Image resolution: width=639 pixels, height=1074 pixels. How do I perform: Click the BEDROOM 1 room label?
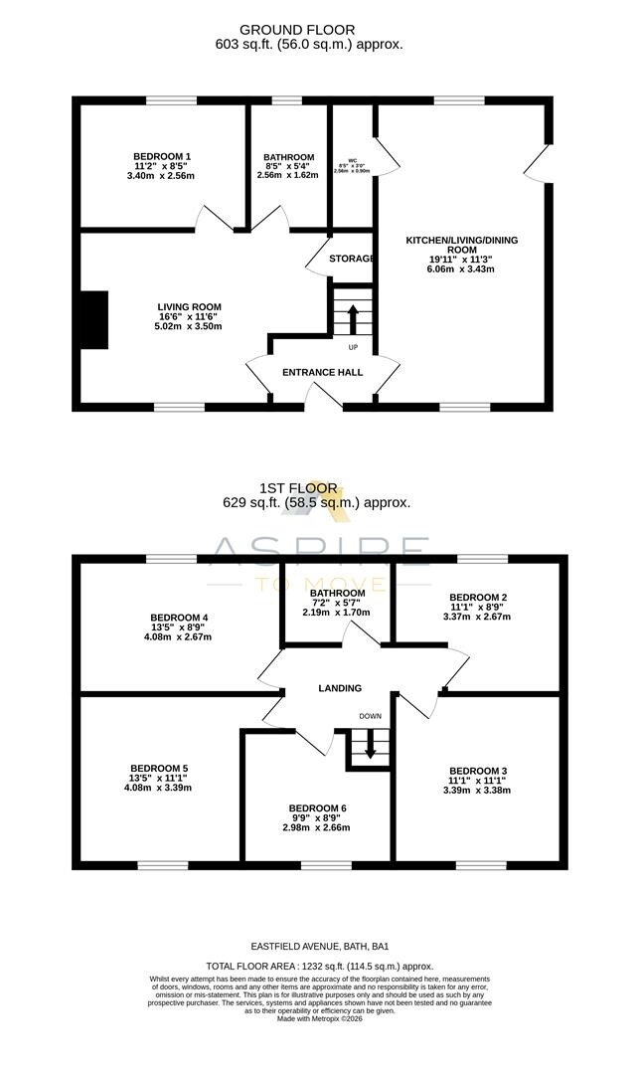point(162,156)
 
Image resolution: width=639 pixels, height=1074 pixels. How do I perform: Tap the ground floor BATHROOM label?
point(288,157)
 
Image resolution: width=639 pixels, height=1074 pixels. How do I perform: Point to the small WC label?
point(353,159)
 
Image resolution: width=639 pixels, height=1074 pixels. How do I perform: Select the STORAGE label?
point(352,259)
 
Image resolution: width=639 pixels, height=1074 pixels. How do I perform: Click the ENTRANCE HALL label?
point(322,372)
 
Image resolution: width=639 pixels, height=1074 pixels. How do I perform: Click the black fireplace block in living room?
point(94,320)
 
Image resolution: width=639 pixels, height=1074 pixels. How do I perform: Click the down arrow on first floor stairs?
point(370,747)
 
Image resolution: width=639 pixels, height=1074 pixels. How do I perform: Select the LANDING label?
point(339,688)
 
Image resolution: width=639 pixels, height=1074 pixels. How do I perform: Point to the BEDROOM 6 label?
point(317,807)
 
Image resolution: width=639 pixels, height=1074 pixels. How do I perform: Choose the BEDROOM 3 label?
point(478,771)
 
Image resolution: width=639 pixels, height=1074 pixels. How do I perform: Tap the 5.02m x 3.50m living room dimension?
point(189,326)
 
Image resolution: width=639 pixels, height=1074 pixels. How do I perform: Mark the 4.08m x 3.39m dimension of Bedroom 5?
point(159,788)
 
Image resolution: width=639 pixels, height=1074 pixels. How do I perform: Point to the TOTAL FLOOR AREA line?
point(319,966)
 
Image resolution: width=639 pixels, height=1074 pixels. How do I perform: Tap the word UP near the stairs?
point(353,347)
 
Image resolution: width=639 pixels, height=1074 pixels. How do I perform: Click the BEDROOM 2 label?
point(479,597)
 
